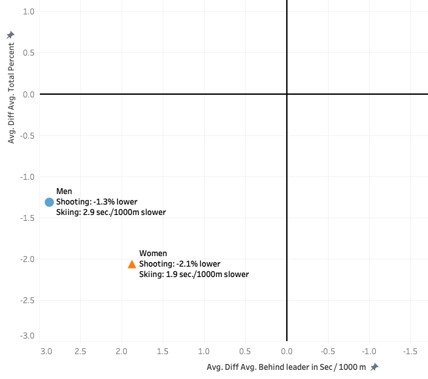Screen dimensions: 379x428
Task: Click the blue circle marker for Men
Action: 49,202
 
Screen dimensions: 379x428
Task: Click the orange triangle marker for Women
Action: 132,264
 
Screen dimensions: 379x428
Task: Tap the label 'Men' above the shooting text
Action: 64,191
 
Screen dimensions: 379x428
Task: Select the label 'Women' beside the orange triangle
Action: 153,254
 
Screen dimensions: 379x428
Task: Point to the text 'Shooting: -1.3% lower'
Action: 97,202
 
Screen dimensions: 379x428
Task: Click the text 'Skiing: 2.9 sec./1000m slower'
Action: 111,212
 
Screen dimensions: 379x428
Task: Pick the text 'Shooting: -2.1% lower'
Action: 180,264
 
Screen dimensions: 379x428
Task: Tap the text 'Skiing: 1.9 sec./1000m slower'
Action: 194,274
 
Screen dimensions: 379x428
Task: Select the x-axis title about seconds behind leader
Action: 287,367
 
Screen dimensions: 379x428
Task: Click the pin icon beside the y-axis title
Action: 10,35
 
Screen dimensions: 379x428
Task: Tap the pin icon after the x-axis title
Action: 374,367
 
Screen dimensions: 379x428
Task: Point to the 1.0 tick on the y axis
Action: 29,12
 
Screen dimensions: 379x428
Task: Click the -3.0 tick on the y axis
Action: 27,336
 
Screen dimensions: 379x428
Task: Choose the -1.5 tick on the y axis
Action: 27,218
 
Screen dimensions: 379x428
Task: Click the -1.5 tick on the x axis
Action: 410,352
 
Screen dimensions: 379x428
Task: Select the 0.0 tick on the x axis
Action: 287,352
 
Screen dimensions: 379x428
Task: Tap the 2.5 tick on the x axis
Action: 81,352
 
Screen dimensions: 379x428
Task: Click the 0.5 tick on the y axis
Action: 29,54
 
